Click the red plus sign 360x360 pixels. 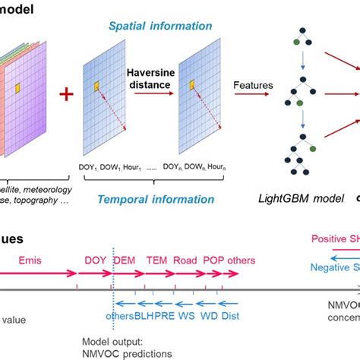pyautogui.click(x=66, y=95)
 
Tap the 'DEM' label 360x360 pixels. pyautogui.click(x=125, y=260)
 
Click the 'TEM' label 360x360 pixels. pyautogui.click(x=156, y=260)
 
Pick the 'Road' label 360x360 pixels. pyautogui.click(x=185, y=260)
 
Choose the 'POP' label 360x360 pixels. pyautogui.click(x=213, y=260)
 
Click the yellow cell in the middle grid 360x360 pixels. pyautogui.click(x=97, y=89)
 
